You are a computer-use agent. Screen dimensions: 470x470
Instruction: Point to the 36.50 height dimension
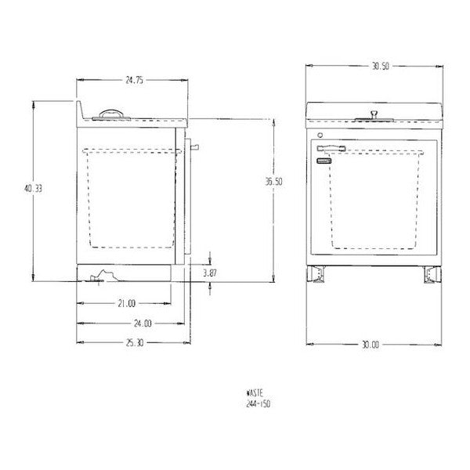click(x=273, y=182)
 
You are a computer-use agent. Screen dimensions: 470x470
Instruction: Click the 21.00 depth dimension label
click(x=126, y=302)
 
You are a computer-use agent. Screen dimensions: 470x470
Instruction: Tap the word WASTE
click(x=255, y=396)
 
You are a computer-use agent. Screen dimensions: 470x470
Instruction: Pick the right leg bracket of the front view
click(x=432, y=274)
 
